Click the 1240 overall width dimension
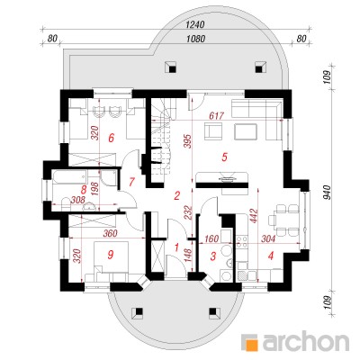pyautogui.click(x=195, y=24)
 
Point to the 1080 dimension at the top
pyautogui.click(x=195, y=39)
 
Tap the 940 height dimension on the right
pyautogui.click(x=327, y=193)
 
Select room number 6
pyautogui.click(x=111, y=139)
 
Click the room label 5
pyautogui.click(x=224, y=157)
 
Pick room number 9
pyautogui.click(x=111, y=255)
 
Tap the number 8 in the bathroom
pyautogui.click(x=85, y=190)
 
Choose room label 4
pyautogui.click(x=271, y=256)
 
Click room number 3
pyautogui.click(x=213, y=256)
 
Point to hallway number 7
pyautogui.click(x=131, y=182)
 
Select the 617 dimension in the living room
pyautogui.click(x=216, y=115)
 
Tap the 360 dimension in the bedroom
pyautogui.click(x=110, y=233)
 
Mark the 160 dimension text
pyautogui.click(x=211, y=238)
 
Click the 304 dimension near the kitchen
pyautogui.click(x=268, y=238)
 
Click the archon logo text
pyautogui.click(x=305, y=341)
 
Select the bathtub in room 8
pyautogui.click(x=69, y=180)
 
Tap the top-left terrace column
pyautogui.click(x=172, y=67)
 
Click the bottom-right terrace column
pyautogui.click(x=213, y=314)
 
